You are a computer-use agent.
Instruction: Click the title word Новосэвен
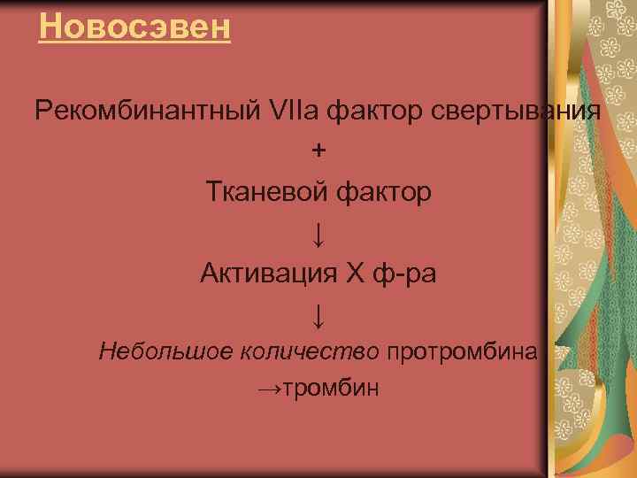tap(135, 27)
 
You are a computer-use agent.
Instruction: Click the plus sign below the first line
tap(318, 150)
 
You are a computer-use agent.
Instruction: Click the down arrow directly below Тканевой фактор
tap(318, 234)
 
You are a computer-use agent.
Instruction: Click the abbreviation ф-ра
tap(403, 272)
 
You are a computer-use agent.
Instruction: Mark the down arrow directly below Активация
tap(318, 312)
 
